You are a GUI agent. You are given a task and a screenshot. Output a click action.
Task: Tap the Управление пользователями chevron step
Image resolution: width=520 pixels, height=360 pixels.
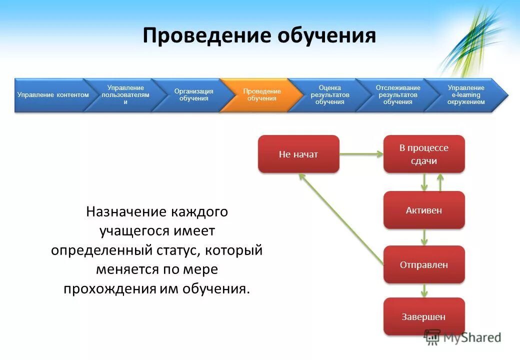125,95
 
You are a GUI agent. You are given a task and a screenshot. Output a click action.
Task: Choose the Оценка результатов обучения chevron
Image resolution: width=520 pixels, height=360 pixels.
329,95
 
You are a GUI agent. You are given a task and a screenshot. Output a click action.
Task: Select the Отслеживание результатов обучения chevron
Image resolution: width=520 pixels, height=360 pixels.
397,95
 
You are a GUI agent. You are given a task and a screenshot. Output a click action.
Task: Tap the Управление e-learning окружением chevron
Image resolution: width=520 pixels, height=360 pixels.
465,95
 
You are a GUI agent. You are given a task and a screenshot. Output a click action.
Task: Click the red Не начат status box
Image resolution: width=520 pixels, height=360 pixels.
298,154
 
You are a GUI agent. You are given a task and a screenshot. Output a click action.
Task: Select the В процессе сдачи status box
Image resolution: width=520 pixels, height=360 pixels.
424,154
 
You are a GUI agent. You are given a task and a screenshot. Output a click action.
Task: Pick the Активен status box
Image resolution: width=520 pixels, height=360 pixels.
424,210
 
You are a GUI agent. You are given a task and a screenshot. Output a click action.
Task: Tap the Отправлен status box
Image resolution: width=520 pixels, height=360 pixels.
424,264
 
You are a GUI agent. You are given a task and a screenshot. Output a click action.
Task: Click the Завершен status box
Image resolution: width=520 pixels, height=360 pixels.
424,316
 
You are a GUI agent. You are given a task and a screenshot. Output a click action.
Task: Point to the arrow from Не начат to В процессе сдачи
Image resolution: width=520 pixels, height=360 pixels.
361,154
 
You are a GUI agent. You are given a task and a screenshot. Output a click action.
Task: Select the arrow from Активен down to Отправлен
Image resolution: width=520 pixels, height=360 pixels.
424,237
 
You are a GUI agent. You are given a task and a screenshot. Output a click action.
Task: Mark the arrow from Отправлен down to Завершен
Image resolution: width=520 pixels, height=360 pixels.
424,290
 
